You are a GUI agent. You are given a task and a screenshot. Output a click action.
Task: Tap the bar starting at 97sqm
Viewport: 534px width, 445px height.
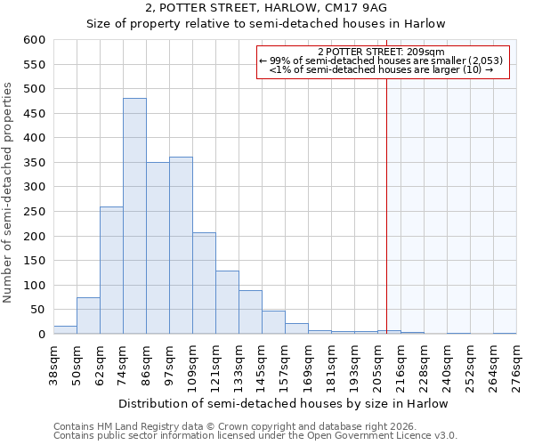point(181,246)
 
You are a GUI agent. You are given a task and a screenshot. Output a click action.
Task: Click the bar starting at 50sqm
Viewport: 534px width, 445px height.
point(88,316)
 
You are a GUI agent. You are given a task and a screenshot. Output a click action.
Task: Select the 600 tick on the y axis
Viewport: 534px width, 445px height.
point(34,40)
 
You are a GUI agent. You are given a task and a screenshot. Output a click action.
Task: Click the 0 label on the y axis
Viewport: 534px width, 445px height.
point(41,335)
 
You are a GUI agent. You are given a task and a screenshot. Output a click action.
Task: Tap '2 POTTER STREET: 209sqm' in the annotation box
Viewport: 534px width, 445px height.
point(383,52)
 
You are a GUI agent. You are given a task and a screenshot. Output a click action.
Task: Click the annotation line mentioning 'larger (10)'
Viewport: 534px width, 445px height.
point(383,69)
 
